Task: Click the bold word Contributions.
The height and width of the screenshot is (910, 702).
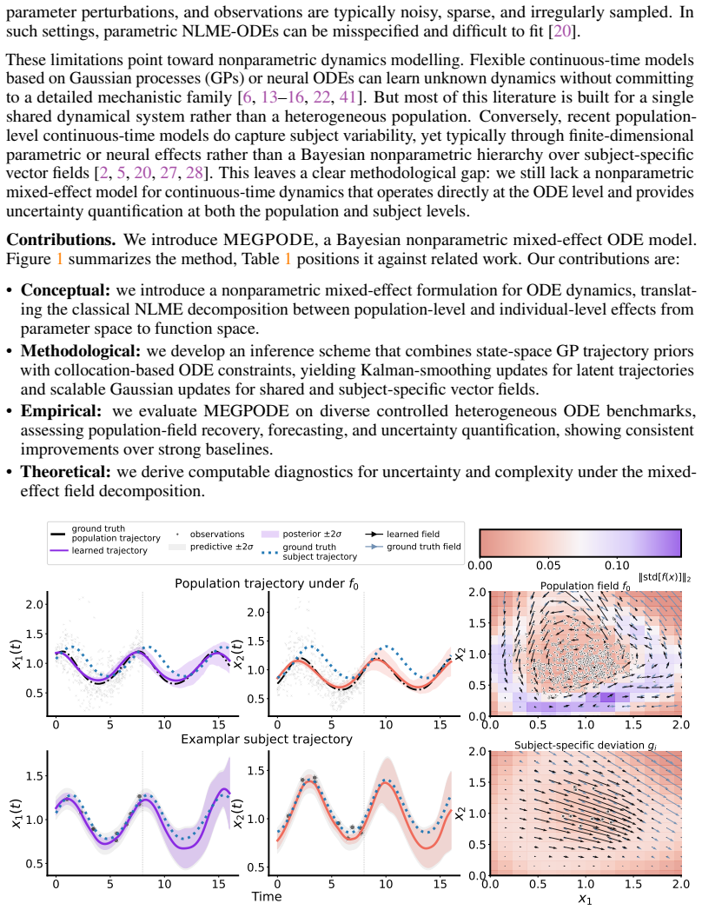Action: [61, 240]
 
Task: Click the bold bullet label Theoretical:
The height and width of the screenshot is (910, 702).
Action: [65, 472]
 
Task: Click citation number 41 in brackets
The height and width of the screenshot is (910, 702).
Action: [348, 97]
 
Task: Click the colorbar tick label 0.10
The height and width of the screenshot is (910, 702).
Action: [617, 565]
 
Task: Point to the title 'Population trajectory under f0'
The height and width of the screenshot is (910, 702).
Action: [267, 584]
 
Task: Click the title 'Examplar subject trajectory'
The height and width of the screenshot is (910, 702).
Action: [267, 740]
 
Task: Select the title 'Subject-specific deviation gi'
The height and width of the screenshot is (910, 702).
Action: [586, 745]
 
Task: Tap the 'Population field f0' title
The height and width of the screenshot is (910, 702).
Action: [586, 586]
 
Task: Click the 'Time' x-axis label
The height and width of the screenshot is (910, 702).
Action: [267, 897]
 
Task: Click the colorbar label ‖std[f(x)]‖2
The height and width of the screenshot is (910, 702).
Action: [665, 577]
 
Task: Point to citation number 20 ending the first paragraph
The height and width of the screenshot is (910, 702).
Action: [561, 31]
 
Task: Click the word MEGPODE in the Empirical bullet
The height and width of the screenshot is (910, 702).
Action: [246, 411]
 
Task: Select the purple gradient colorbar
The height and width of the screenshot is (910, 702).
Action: [580, 543]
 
